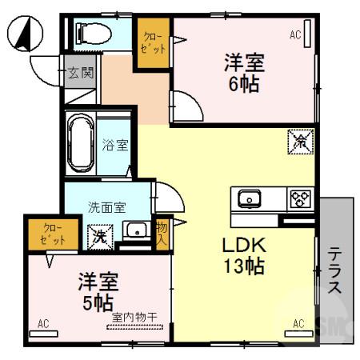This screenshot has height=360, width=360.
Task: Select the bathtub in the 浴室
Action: point(82,143)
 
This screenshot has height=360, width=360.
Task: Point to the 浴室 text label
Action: point(115,146)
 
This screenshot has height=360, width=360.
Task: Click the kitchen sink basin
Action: point(248,197)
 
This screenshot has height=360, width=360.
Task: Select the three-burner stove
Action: point(301,197)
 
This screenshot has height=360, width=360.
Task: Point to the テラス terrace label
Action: point(335,270)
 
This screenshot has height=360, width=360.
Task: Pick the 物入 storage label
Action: point(161,232)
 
